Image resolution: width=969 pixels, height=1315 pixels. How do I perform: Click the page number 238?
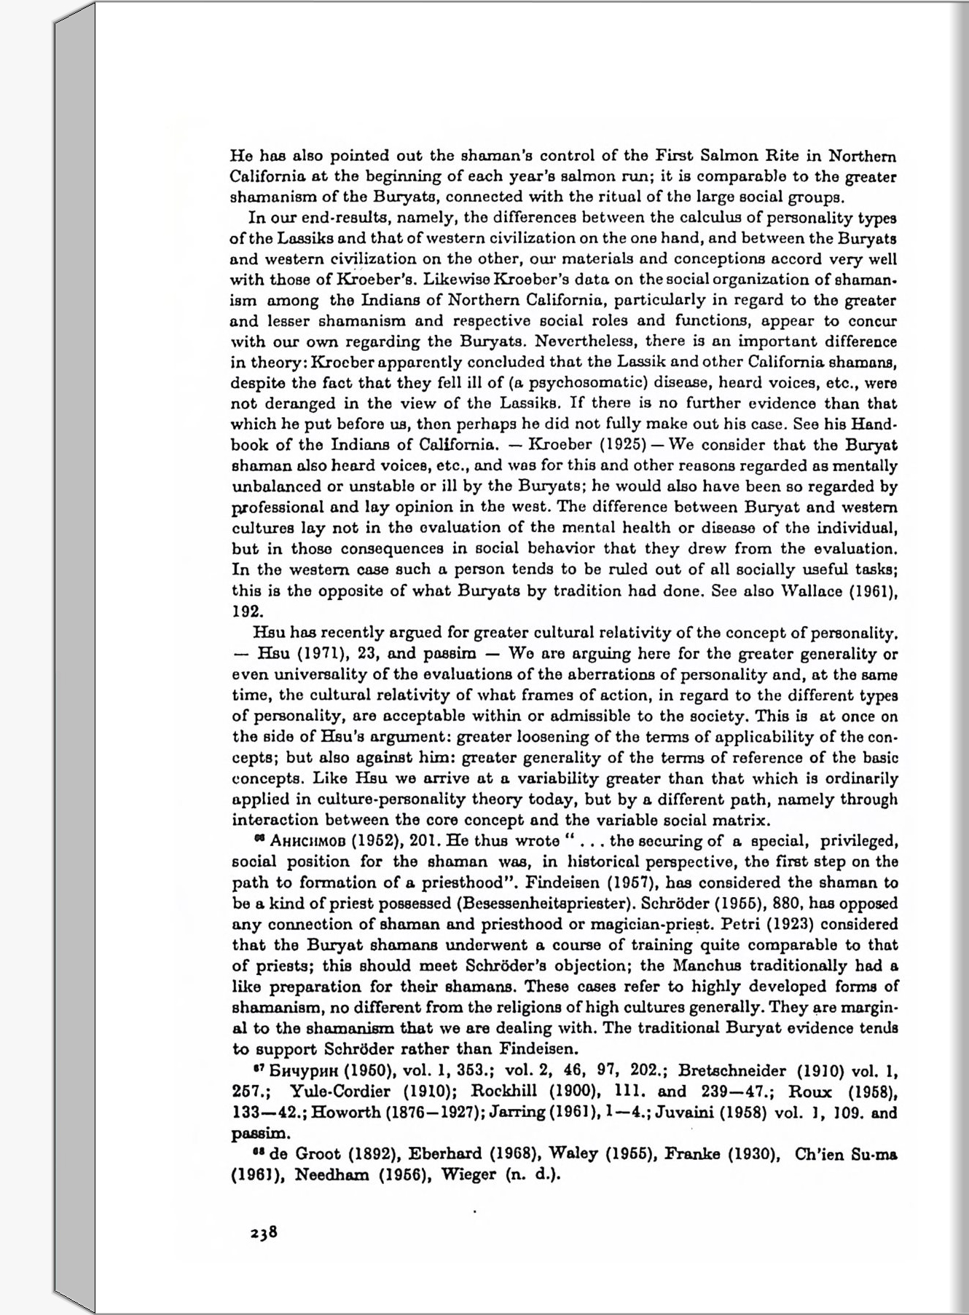[264, 1232]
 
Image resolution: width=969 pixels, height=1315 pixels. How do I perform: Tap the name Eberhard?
[444, 1154]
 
